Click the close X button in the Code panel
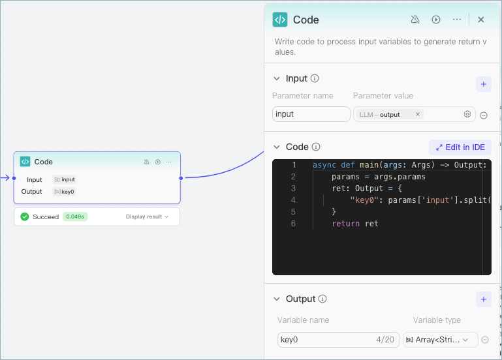481,20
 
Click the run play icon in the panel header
436,20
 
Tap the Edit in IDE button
460,147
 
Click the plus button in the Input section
484,84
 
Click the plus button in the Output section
484,299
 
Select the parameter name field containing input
311,114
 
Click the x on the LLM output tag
418,114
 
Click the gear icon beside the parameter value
467,114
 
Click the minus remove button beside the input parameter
484,115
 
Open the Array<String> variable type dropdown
441,340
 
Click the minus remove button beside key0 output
485,340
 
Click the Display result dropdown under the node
148,217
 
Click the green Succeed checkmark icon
25,217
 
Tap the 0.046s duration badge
75,217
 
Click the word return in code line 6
345,224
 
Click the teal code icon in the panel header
280,20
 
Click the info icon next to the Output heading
322,299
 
